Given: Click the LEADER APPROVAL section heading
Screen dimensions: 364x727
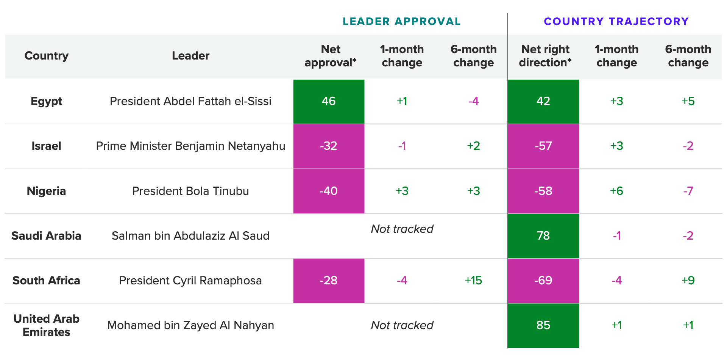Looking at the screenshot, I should [x=401, y=22].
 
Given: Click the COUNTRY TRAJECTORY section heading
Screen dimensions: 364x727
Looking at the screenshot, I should [x=616, y=22].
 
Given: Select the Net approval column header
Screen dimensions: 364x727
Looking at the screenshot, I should [x=330, y=56].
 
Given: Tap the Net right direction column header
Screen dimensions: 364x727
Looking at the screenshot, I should [x=545, y=56].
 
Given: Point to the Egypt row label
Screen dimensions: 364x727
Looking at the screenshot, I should [x=46, y=101].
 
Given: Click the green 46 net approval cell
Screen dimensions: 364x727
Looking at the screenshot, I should [x=329, y=101].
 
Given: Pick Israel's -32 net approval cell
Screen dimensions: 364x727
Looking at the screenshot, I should [x=329, y=146].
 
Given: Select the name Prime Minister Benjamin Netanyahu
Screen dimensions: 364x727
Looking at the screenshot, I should [x=190, y=146].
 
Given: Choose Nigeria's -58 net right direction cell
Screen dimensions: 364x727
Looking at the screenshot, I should [x=543, y=191].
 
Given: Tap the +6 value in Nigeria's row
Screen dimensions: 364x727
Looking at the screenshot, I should [x=616, y=191].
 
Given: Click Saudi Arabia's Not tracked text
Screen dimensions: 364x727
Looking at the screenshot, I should [x=402, y=229].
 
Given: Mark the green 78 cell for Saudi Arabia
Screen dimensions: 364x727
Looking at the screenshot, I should [x=543, y=236].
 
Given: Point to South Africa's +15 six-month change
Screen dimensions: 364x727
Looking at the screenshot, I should [x=473, y=281].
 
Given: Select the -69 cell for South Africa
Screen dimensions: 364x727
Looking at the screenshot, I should [x=543, y=281].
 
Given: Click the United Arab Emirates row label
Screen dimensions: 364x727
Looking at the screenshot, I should [x=46, y=325].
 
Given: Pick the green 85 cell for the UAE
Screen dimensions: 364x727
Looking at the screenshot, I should [x=543, y=325].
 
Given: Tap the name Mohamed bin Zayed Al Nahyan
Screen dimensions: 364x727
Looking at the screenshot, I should [x=190, y=325].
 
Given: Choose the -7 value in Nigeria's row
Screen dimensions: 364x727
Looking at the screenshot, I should [x=688, y=191].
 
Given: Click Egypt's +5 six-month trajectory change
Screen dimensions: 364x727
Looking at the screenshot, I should [x=688, y=101].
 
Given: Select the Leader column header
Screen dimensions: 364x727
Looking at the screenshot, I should [x=190, y=56].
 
